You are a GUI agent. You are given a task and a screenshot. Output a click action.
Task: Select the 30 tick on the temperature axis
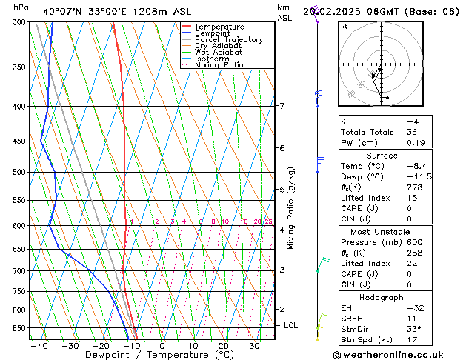coord(254,346)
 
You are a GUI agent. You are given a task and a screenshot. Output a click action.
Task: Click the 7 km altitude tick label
coord(282,106)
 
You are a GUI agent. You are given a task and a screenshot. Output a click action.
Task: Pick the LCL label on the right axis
coord(291,325)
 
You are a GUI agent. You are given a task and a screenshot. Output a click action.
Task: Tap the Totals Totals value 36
coord(412,132)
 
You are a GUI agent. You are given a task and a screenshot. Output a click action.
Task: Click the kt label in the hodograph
coord(344,27)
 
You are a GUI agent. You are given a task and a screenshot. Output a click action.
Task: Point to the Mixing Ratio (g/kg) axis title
coord(291,208)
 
